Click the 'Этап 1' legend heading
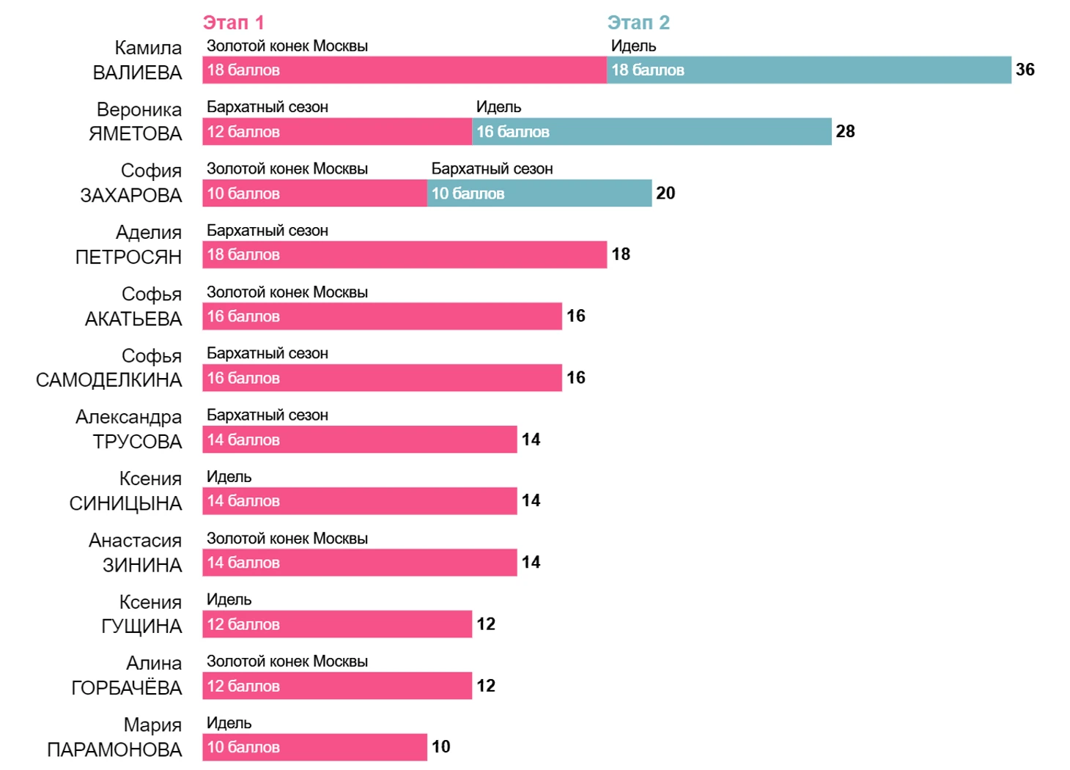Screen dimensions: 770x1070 pos(233,23)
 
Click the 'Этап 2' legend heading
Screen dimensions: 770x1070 pos(638,23)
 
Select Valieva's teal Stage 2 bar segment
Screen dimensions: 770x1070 pos(808,70)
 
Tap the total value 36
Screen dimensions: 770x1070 pos(1025,70)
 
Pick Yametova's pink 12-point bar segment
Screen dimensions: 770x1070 pos(337,132)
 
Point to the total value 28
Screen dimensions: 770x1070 pos(845,131)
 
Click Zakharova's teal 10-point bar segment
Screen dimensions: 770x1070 pos(539,193)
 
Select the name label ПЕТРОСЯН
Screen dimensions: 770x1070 pos(128,257)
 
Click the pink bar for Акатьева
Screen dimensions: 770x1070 pos(382,316)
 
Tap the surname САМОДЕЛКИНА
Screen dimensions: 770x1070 pos(108,380)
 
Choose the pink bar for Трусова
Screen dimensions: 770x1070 pos(359,440)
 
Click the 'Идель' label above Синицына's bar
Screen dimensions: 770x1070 pos(229,477)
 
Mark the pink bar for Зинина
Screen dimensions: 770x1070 pos(359,563)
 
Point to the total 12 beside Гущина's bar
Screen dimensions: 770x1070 pos(486,624)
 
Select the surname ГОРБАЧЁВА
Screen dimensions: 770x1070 pos(126,688)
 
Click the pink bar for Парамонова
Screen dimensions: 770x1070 pos(314,747)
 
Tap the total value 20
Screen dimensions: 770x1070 pos(665,193)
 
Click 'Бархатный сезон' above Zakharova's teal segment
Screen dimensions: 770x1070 pos(492,169)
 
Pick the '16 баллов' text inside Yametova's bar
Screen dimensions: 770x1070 pos(512,132)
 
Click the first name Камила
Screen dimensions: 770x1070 pos(148,48)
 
